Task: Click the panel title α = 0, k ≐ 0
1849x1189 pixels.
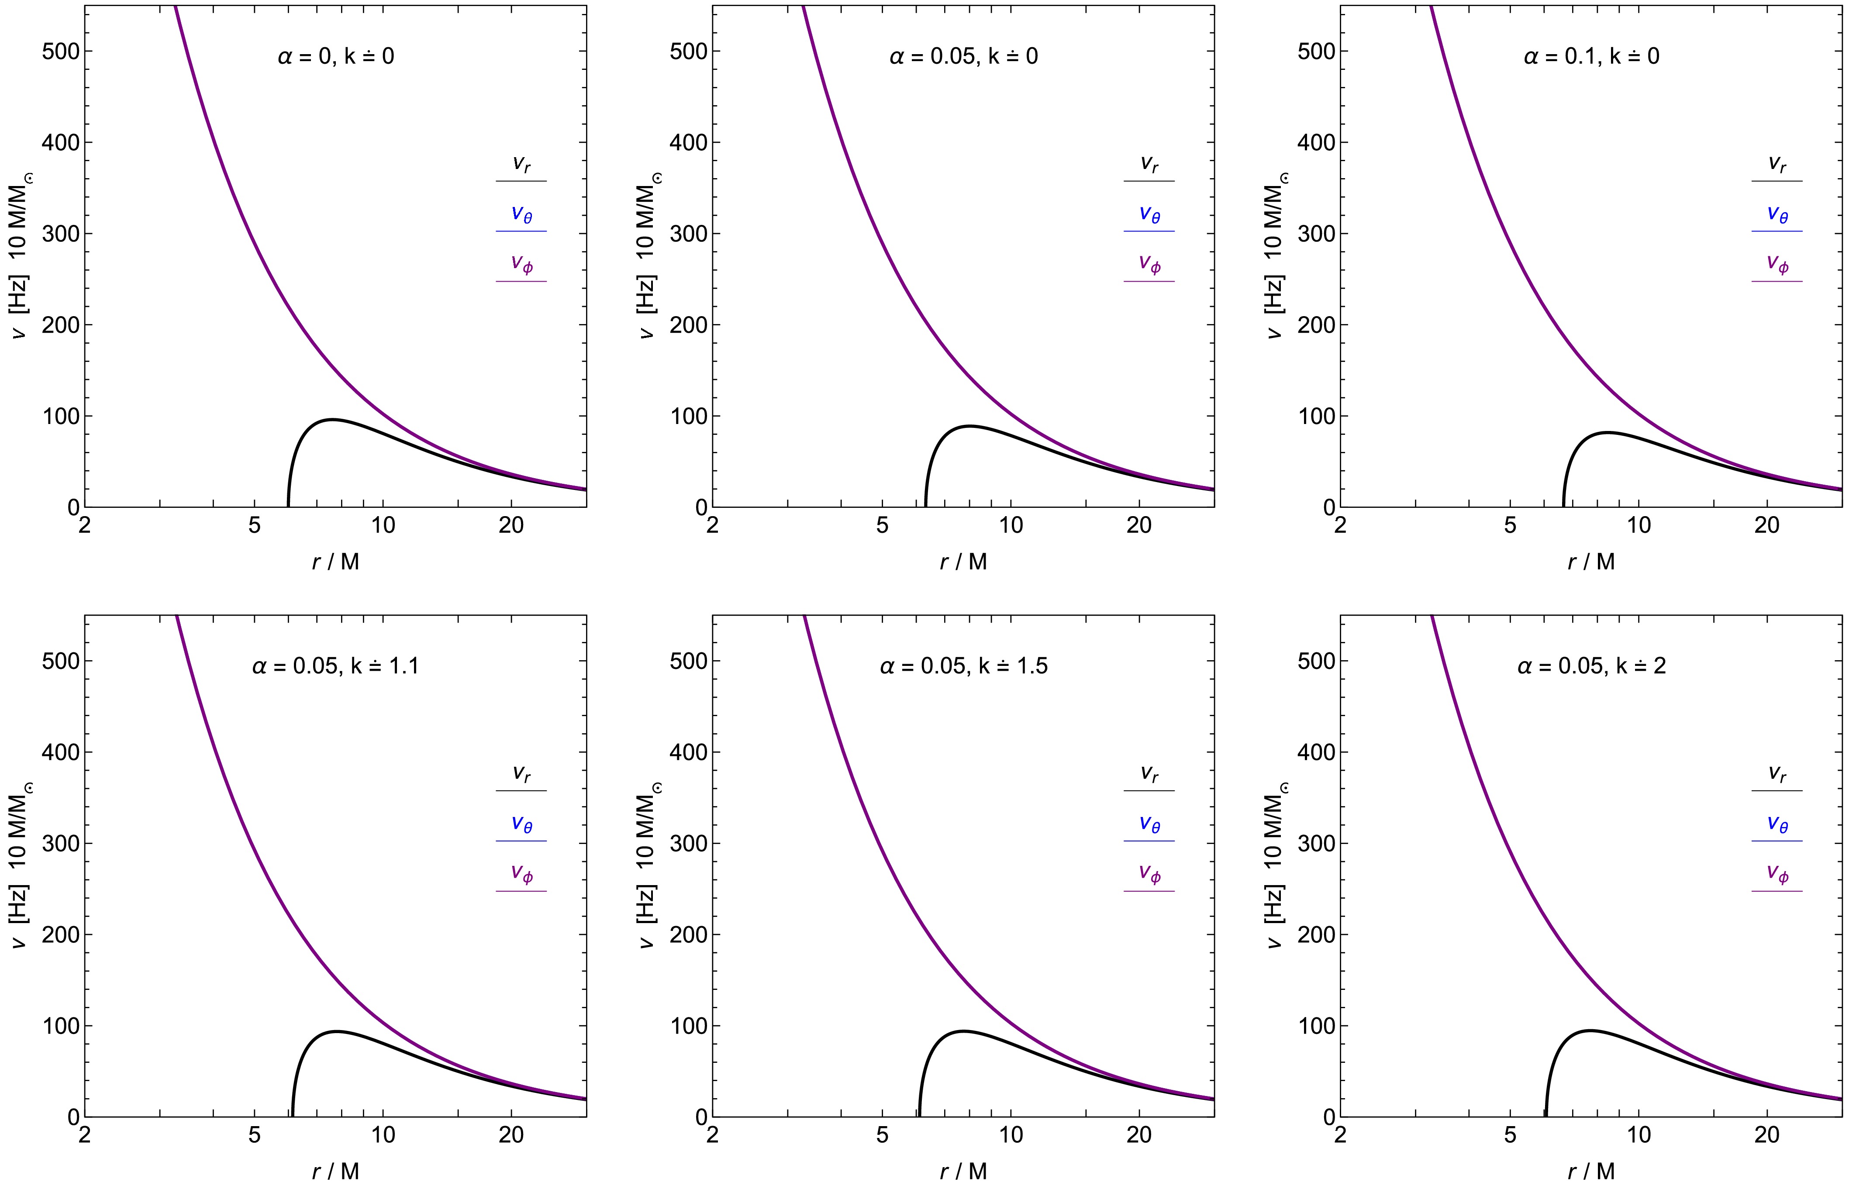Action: (x=336, y=56)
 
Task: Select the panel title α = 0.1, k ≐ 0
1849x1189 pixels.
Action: (x=1591, y=56)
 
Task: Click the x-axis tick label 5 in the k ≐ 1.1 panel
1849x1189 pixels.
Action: (x=255, y=1135)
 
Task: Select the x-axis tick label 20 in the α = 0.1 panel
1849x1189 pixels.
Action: (x=1766, y=526)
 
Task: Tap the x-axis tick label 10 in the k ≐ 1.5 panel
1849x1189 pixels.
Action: (x=1011, y=1135)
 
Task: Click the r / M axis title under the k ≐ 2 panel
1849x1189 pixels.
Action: (x=1591, y=1171)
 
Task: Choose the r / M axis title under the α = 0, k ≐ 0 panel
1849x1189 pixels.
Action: (x=336, y=561)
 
